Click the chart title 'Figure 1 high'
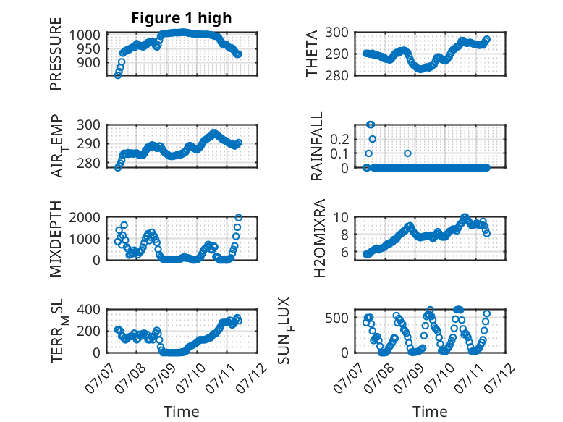pos(182,18)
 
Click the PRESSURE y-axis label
pos(56,54)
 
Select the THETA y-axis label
pos(312,54)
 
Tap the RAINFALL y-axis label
pos(317,146)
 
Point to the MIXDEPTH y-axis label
pos(56,239)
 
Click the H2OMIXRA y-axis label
pos(319,238)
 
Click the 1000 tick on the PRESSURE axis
pos(85,35)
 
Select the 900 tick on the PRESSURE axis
pos(89,62)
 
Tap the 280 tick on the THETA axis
pos(336,76)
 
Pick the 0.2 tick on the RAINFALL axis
pos(339,140)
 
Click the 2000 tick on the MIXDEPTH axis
pos(85,217)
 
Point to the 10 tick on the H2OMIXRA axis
pos(341,217)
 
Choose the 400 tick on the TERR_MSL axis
pos(89,309)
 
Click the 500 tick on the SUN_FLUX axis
pos(336,318)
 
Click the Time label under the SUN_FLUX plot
pos(430,412)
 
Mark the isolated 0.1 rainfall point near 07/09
pos(407,153)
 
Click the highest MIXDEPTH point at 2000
pos(238,217)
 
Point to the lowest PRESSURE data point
pos(118,75)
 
